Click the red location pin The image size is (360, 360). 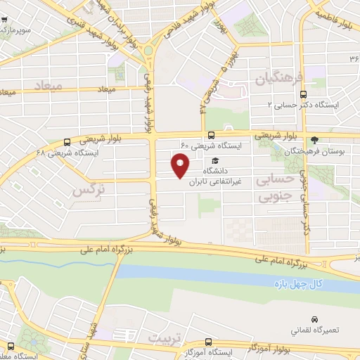181,166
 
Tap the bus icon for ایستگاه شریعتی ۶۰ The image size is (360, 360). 212,136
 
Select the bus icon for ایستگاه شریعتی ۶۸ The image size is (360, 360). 66,141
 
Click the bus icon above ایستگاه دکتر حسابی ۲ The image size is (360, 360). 303,94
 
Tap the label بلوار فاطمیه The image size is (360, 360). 336,14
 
